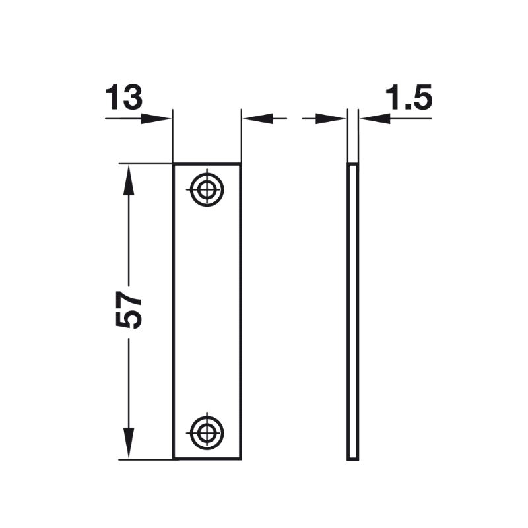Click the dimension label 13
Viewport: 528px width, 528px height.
(123, 97)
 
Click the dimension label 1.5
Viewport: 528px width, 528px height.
(409, 97)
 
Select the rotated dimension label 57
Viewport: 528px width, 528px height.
(128, 310)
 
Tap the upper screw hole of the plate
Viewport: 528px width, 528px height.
(207, 189)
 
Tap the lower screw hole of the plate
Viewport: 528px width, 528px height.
(207, 433)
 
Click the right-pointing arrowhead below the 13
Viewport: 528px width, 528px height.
(156, 119)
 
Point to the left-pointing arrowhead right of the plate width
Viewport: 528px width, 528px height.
(257, 119)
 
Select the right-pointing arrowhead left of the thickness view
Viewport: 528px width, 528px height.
(331, 119)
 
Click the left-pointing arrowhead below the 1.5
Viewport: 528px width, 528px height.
(374, 119)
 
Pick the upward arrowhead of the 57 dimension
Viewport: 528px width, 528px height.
(128, 180)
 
